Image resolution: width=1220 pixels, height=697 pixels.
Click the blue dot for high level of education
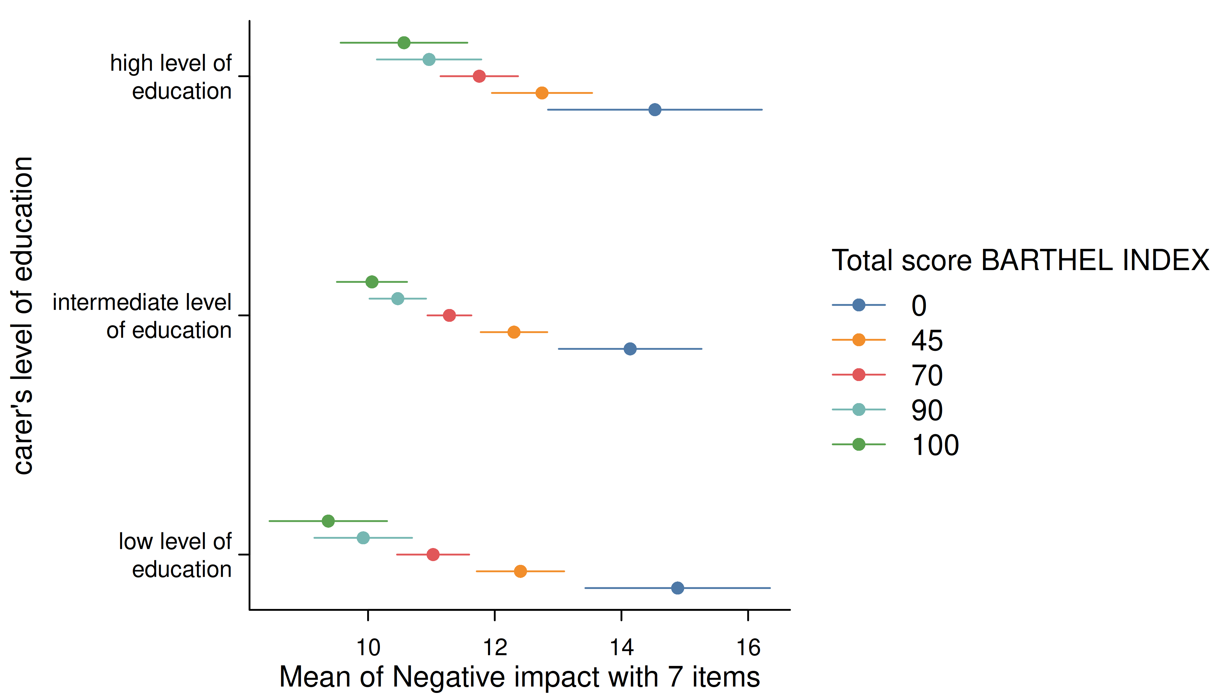[654, 109]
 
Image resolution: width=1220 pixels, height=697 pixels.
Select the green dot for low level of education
[328, 521]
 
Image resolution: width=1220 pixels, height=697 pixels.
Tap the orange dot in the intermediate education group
[514, 332]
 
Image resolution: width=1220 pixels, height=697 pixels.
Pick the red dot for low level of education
[433, 554]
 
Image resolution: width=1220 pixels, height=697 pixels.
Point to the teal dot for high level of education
[429, 59]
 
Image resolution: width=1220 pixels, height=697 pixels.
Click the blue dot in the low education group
[677, 588]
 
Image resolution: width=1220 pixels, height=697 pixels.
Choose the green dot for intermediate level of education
[372, 282]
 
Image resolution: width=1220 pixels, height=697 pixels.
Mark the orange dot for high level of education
[542, 93]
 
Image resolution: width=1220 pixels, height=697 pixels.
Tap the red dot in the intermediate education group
[449, 315]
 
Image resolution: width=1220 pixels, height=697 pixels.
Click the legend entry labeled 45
[887, 340]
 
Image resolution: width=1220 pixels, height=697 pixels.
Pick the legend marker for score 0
[859, 305]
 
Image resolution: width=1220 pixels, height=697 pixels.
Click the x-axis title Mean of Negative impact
[519, 677]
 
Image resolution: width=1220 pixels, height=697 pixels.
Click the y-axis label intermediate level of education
[142, 316]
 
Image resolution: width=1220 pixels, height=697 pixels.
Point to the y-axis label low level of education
[175, 555]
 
